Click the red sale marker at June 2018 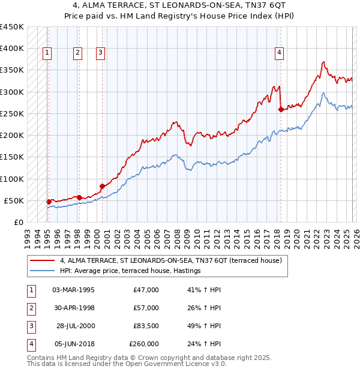[x=281, y=109]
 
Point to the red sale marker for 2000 [x=102, y=186]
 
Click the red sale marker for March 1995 [x=49, y=202]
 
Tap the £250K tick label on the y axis [x=12, y=113]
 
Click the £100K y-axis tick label [x=12, y=179]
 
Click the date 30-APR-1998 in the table [x=73, y=308]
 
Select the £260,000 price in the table [x=144, y=344]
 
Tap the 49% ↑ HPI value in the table [x=204, y=326]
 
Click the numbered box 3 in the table [x=31, y=326]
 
